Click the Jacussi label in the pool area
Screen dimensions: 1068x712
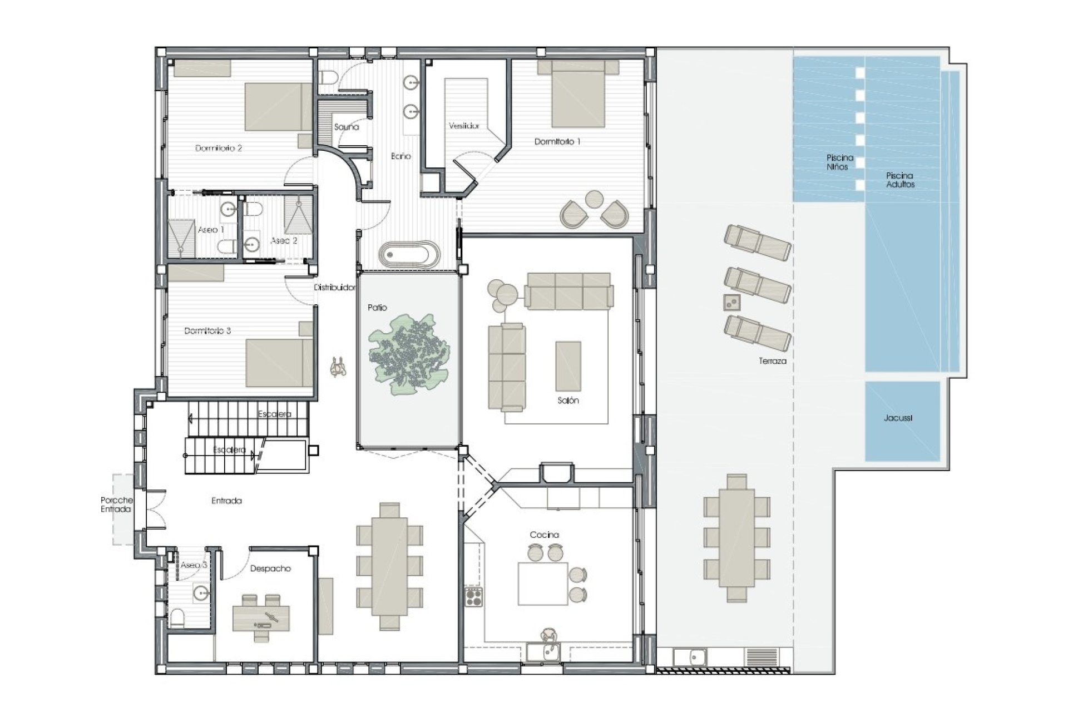(x=898, y=418)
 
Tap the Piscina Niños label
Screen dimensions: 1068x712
(x=839, y=162)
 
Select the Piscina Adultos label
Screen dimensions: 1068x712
(x=900, y=180)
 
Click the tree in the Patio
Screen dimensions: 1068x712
(x=409, y=354)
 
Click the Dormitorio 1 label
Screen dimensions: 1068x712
(x=557, y=142)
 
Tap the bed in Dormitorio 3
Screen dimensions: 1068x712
(x=279, y=363)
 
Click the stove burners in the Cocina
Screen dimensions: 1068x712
(x=473, y=597)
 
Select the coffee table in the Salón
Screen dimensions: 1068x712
(x=568, y=367)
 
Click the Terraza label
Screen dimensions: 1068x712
(x=773, y=361)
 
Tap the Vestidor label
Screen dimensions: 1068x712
(x=464, y=126)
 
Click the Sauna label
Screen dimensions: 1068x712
(x=347, y=127)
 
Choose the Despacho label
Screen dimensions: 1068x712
(x=270, y=568)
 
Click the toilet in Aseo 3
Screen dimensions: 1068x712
(x=177, y=619)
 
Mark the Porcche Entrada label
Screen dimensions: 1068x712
(x=116, y=505)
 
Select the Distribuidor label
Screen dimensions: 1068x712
(x=334, y=288)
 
